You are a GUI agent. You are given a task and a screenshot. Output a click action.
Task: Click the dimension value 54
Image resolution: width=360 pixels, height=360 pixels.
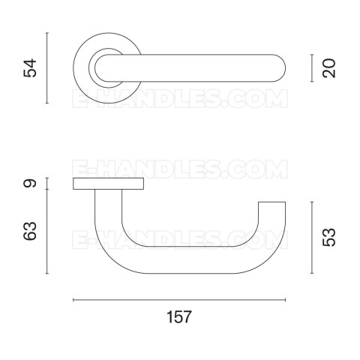(30, 67)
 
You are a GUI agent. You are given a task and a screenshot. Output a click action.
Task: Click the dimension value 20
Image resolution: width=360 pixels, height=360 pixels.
(329, 68)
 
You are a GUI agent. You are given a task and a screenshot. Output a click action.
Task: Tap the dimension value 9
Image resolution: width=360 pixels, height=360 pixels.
(30, 184)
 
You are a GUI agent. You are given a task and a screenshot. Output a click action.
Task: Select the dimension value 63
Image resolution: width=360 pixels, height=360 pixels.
(30, 231)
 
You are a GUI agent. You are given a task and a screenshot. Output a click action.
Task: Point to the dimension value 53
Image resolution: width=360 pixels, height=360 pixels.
(329, 237)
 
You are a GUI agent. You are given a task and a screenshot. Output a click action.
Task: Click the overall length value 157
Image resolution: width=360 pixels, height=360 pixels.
(179, 317)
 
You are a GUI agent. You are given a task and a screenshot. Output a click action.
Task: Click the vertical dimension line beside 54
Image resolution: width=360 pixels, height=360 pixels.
(47, 67)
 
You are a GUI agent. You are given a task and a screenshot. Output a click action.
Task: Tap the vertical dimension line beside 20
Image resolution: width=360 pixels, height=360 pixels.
(312, 68)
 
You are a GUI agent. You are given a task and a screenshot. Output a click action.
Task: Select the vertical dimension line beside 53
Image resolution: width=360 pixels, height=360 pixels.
(312, 238)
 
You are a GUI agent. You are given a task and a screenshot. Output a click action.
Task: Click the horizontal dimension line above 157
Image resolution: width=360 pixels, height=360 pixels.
(179, 300)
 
